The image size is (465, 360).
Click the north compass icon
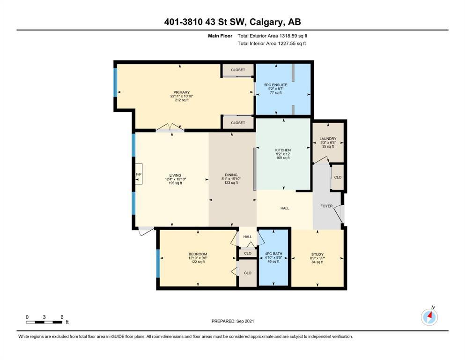point(429,317)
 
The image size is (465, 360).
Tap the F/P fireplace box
point(139,174)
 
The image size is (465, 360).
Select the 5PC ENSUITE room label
point(276,85)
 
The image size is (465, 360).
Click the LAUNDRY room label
point(328,139)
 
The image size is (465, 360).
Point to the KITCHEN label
point(283,150)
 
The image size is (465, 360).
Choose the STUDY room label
point(317,255)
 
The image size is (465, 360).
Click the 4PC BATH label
point(273,254)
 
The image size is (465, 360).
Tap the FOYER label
point(326,206)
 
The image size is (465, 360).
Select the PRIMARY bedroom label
point(182,92)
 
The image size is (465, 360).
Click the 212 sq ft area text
point(182,100)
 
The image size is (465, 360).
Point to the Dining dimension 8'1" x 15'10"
point(231,179)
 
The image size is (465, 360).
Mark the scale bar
point(44,322)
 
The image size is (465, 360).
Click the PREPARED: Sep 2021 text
point(233,321)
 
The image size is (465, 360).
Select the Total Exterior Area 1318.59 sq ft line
point(272,36)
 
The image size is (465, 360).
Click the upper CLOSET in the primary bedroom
point(238,70)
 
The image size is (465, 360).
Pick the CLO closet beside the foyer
point(338,177)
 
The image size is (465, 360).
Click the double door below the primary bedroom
point(170,127)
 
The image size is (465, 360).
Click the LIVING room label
point(175,175)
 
